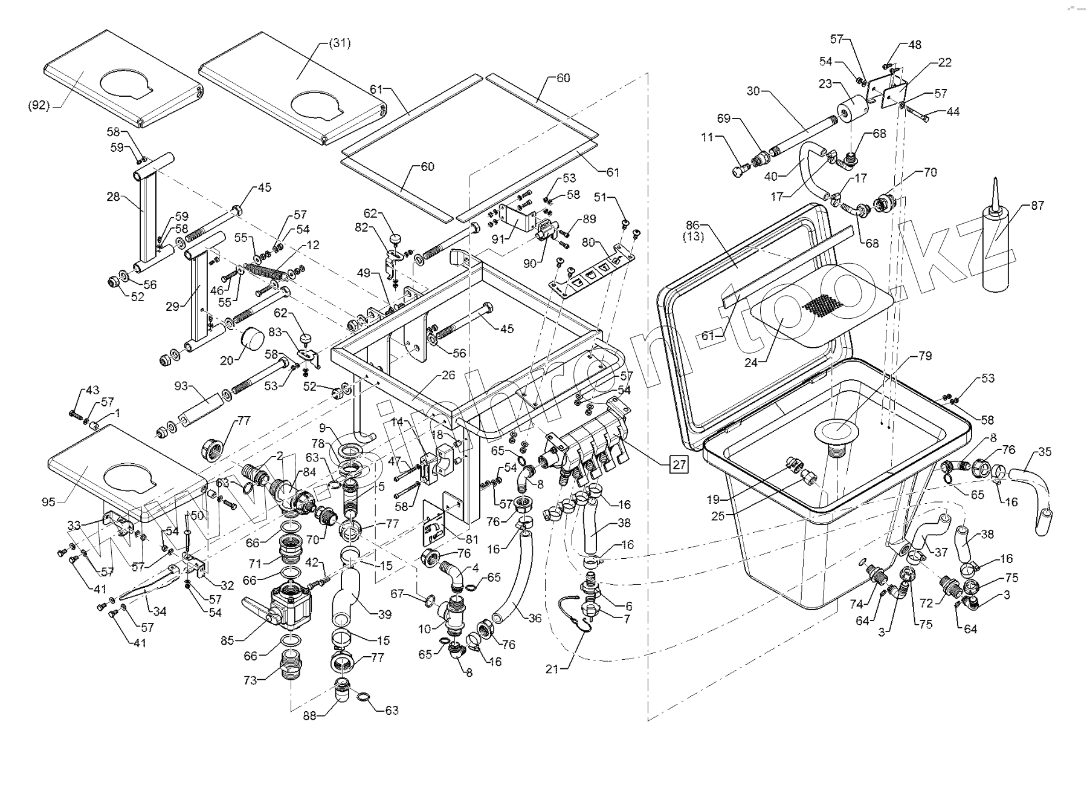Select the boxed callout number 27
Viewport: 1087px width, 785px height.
coord(679,464)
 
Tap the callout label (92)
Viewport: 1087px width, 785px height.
coord(39,105)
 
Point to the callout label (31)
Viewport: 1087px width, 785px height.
coord(340,43)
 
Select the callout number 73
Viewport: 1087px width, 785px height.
coord(250,680)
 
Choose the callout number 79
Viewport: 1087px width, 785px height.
coord(924,356)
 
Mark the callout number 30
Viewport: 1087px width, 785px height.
coord(753,91)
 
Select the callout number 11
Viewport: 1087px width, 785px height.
coord(708,138)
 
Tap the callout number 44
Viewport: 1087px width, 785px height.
coord(953,112)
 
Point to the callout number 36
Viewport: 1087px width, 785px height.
coord(534,617)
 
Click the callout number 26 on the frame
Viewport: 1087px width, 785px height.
coord(448,375)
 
